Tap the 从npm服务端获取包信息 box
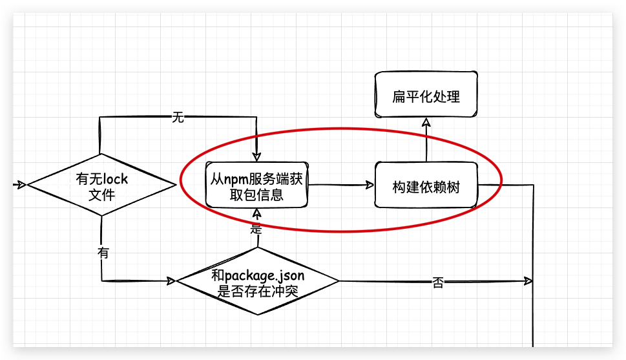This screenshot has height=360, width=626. [x=256, y=186]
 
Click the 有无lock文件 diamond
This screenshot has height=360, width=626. [x=101, y=186]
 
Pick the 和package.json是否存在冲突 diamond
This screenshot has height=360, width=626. [x=258, y=282]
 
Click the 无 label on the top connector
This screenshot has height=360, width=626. [x=178, y=117]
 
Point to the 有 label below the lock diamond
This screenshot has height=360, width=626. [x=103, y=253]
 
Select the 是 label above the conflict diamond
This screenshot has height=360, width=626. [x=256, y=229]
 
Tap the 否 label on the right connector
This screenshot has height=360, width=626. [x=438, y=282]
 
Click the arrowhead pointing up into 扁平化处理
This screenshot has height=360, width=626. [x=426, y=122]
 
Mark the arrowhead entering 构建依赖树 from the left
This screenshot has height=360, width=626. [x=370, y=185]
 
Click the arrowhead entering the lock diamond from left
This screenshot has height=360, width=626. [x=21, y=185]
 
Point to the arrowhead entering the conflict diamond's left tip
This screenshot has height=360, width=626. [x=171, y=281]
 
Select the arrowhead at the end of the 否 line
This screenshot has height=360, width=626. [x=528, y=281]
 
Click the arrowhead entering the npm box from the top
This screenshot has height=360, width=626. [x=256, y=157]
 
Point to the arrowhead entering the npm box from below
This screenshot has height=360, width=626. [x=257, y=213]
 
